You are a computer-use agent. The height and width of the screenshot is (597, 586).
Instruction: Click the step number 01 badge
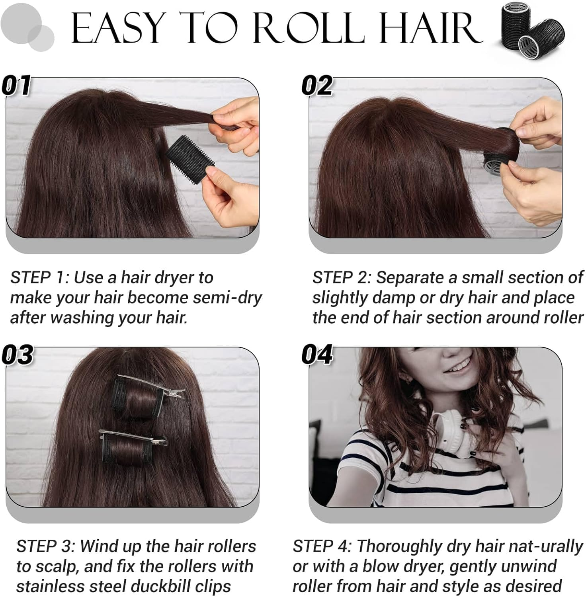coord(16,85)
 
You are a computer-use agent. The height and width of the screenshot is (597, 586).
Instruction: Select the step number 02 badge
coord(317,85)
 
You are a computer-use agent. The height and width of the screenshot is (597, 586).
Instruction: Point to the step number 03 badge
coord(17,354)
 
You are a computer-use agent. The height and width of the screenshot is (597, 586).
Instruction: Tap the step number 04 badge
coord(317,354)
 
